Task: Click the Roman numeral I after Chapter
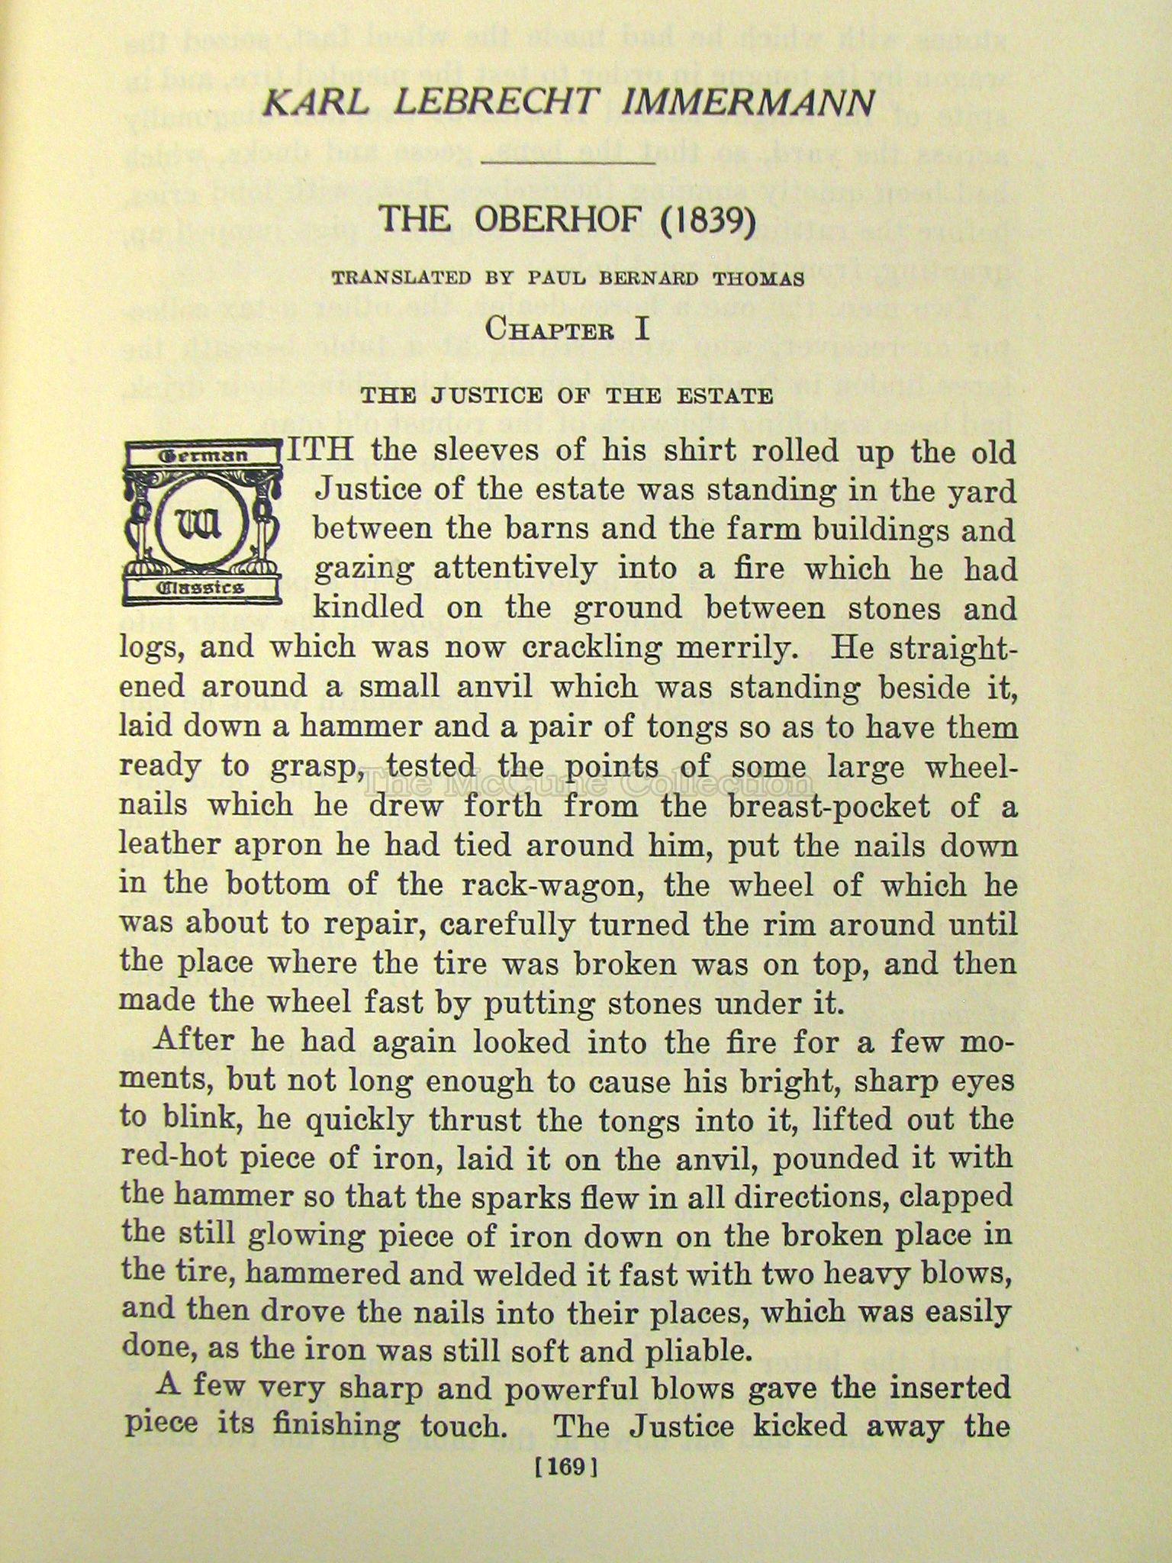[642, 329]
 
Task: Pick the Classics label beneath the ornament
[201, 588]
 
